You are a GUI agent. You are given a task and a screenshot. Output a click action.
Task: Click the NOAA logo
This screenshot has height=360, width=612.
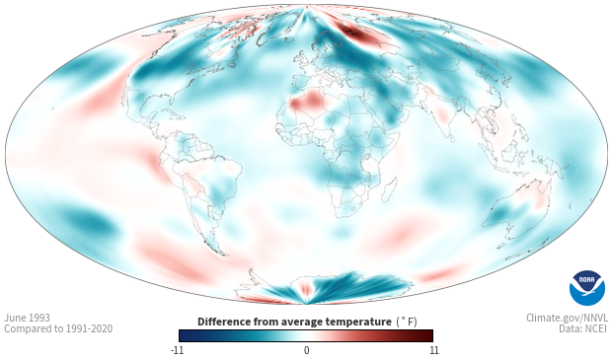[x=587, y=288]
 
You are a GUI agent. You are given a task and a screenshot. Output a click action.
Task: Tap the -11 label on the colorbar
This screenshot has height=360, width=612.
[x=178, y=350]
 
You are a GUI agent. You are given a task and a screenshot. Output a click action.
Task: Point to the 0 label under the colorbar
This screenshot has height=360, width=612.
[x=306, y=350]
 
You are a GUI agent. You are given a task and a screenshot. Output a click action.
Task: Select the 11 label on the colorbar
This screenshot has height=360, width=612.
[x=433, y=350]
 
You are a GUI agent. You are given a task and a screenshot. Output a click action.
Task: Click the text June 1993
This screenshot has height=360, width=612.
[x=27, y=318]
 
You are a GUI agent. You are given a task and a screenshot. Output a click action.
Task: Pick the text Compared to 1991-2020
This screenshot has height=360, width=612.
[x=58, y=328]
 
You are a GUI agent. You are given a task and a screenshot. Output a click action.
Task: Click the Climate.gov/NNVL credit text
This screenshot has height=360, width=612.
[x=567, y=318]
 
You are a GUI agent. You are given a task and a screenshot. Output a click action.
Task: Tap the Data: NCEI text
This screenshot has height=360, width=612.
[x=583, y=328]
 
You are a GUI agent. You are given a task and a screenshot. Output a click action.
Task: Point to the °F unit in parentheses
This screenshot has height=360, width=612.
[x=407, y=323]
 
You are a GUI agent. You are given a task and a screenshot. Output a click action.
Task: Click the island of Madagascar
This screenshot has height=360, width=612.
[x=388, y=188]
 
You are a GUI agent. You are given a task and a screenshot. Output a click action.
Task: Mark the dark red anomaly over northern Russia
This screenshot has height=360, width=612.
[x=358, y=34]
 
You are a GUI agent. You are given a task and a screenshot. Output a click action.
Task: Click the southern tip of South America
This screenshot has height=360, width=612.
[x=222, y=253]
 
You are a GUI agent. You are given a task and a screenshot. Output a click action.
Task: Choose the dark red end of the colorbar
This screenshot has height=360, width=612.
[x=427, y=335]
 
